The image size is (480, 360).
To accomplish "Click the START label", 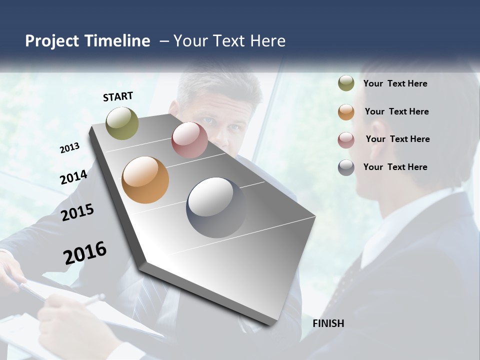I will point(118,96).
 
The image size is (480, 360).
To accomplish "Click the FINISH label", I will point(328,323).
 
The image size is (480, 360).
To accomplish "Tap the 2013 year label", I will point(69,148).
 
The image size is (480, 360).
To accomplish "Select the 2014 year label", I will point(73,177).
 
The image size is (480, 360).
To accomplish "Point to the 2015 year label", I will point(77,212).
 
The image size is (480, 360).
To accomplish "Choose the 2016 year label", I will point(85,252).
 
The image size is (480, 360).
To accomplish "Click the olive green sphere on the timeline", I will point(122,123).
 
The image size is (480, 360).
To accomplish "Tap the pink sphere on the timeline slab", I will point(189,140).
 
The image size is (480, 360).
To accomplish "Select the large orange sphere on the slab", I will point(145,180).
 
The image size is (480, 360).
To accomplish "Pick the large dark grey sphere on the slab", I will point(216,207).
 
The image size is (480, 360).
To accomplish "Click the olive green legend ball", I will point(346,83).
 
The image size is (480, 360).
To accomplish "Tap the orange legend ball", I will point(346,112).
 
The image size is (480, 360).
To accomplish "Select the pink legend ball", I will point(346,140).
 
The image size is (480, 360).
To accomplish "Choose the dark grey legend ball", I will point(346,167).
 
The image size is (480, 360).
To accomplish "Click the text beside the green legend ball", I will point(395,83).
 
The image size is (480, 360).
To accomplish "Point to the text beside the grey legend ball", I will point(395,167).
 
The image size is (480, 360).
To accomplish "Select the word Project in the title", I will point(52,41).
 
